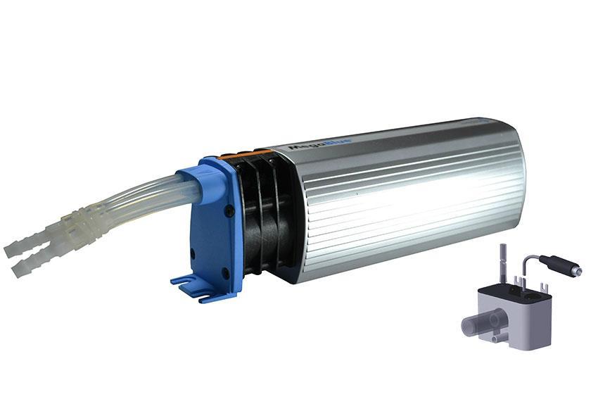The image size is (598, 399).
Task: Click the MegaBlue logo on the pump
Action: (x=310, y=146)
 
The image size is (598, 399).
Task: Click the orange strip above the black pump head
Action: (x=239, y=154)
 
